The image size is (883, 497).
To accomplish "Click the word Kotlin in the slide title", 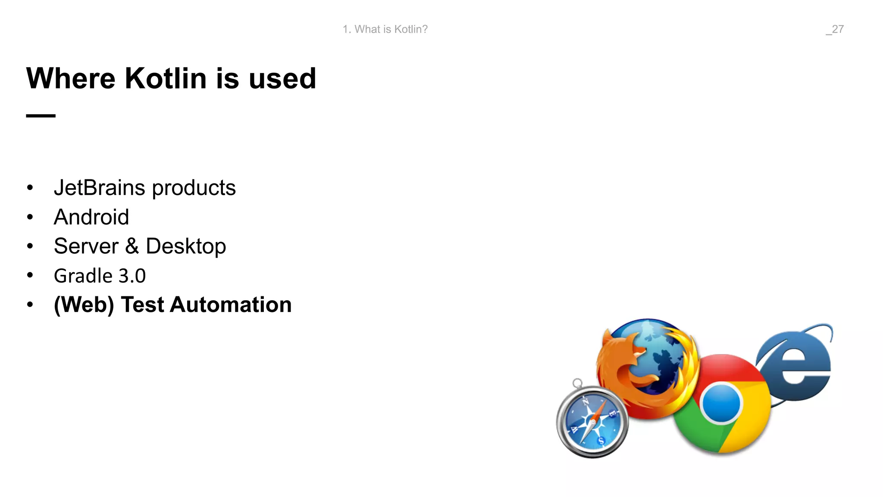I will click(166, 79).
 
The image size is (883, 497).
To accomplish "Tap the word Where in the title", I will click(71, 79).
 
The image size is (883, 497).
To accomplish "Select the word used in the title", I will click(282, 79).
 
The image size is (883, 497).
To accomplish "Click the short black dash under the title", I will click(41, 116).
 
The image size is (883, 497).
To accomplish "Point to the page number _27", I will click(835, 29).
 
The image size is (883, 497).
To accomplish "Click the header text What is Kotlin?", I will click(391, 29).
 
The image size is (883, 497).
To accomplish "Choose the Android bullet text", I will click(91, 217).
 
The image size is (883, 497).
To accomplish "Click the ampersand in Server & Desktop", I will click(132, 246).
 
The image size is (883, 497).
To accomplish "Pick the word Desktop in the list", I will click(186, 247).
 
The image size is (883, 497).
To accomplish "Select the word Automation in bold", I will click(231, 305).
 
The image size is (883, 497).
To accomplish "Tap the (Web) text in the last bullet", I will click(84, 305).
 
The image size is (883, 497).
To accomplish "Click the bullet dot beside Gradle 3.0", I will click(30, 275).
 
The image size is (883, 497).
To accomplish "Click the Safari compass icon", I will click(592, 422).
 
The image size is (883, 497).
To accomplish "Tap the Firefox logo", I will click(647, 367).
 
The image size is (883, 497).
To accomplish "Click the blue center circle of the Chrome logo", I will click(721, 403).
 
